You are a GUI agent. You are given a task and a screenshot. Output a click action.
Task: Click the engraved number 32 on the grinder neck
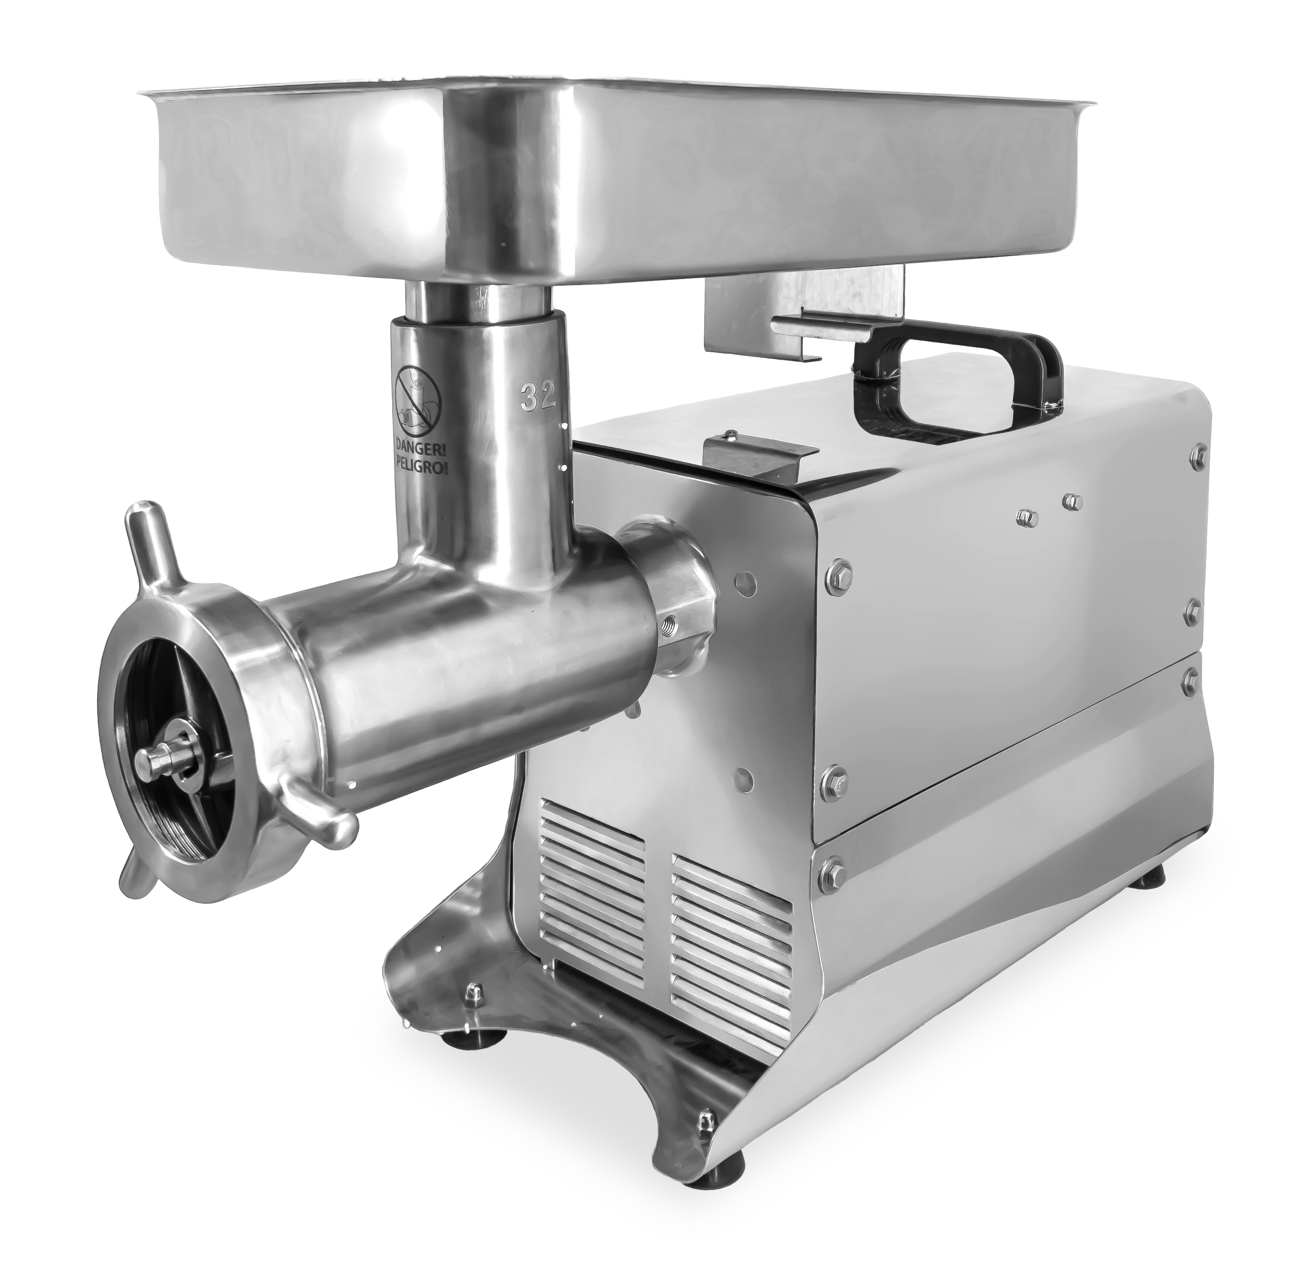coord(539,397)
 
